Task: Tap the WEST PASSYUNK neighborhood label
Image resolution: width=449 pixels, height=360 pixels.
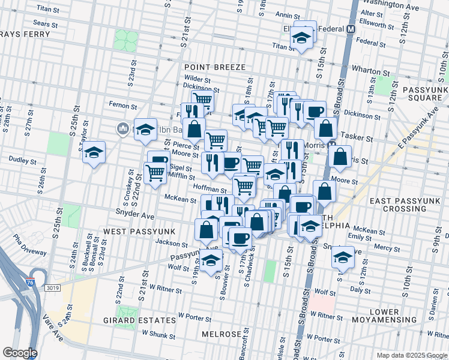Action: tap(130, 231)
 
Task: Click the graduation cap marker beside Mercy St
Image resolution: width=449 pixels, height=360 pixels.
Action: tap(343, 257)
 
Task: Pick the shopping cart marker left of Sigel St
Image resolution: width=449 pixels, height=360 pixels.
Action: tap(155, 173)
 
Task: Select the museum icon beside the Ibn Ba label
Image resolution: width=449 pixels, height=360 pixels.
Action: tap(122, 128)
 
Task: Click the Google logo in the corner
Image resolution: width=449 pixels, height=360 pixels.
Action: tap(19, 353)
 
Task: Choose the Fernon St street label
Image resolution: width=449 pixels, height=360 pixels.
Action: tap(124, 105)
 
